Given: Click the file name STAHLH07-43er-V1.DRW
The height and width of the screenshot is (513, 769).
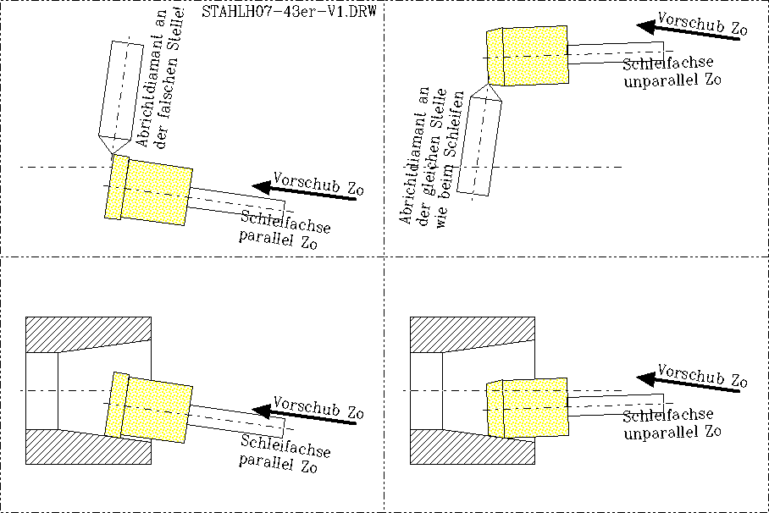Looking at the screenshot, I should (x=289, y=12).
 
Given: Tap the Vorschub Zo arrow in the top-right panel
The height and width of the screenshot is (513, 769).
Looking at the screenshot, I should (x=686, y=28).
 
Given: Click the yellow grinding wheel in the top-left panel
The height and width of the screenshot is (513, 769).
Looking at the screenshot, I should (x=147, y=192).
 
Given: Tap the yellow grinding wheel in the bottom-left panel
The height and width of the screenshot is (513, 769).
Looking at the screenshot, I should (x=147, y=405).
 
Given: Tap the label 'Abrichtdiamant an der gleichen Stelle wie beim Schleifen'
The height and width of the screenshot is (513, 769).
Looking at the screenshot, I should (x=428, y=157).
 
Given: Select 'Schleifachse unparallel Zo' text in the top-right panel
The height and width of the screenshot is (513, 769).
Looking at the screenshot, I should (x=669, y=73).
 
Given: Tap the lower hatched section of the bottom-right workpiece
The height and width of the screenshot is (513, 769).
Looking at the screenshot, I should (x=466, y=450).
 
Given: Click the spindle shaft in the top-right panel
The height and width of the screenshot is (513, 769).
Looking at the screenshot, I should (x=614, y=53).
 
